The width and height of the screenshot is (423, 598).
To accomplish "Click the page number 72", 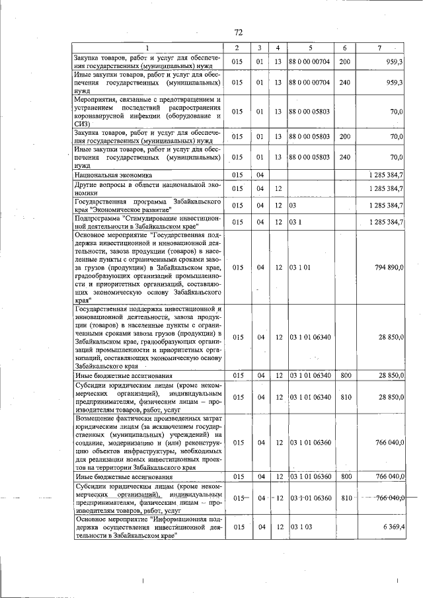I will point(239,32).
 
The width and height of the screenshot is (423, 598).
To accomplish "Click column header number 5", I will point(310,48).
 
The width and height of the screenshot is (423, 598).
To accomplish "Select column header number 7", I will point(379,48).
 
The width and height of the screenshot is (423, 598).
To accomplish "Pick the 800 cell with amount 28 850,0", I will point(344,375).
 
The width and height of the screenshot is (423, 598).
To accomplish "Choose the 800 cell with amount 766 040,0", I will point(344,476).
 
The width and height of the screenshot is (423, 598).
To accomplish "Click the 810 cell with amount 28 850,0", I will point(344,396).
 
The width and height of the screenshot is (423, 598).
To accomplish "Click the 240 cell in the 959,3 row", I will point(344,83).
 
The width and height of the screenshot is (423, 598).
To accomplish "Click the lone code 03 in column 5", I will point(292,205).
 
